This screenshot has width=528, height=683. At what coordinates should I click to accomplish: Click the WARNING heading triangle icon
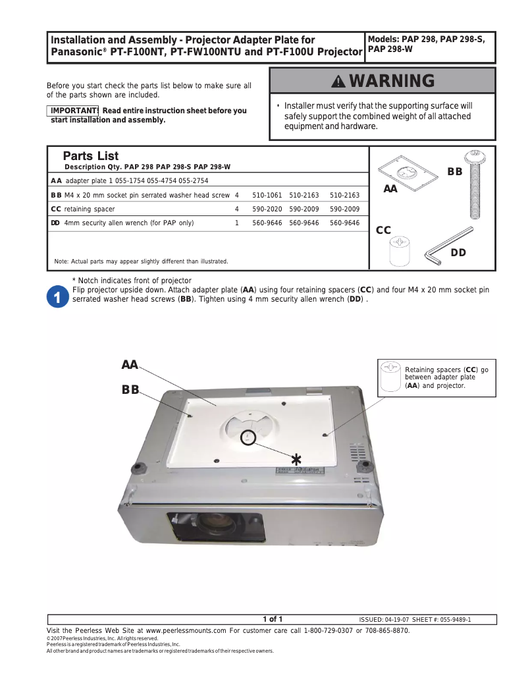pos(338,82)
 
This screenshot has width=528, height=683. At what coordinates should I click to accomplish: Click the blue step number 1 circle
pos(58,298)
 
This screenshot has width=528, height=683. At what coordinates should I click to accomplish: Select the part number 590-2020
pos(267,209)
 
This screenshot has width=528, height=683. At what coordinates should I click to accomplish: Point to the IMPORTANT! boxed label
pos(73,111)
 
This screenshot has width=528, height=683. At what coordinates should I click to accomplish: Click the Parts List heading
pos(91,156)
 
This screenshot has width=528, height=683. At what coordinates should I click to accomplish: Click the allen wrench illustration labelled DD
pos(447,244)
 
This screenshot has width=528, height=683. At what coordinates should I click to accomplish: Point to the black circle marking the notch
pos(248,437)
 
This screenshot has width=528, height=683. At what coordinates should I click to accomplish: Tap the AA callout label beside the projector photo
pos(130,365)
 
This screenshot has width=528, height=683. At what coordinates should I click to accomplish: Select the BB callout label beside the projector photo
pos(130,390)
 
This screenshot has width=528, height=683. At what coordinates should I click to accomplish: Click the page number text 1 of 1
pos(273,619)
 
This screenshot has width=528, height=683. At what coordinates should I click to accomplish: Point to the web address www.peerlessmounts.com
pos(186,630)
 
